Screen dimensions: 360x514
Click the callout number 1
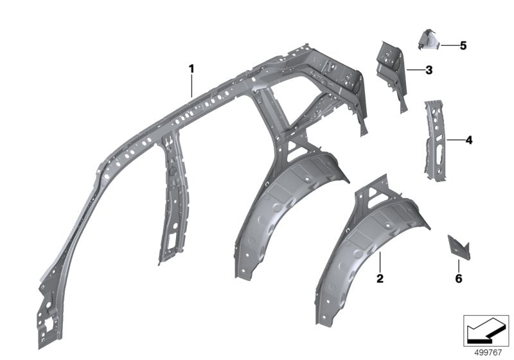(191, 67)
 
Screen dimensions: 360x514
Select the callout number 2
(380, 278)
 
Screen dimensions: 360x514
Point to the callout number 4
(468, 139)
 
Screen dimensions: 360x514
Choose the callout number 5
(463, 46)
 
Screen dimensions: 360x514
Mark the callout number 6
(459, 278)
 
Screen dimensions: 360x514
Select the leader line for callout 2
(380, 262)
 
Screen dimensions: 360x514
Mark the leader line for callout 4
(454, 139)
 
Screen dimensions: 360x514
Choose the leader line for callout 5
(448, 46)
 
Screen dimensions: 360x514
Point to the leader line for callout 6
(459, 265)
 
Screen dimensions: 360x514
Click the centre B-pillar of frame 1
(170, 193)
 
